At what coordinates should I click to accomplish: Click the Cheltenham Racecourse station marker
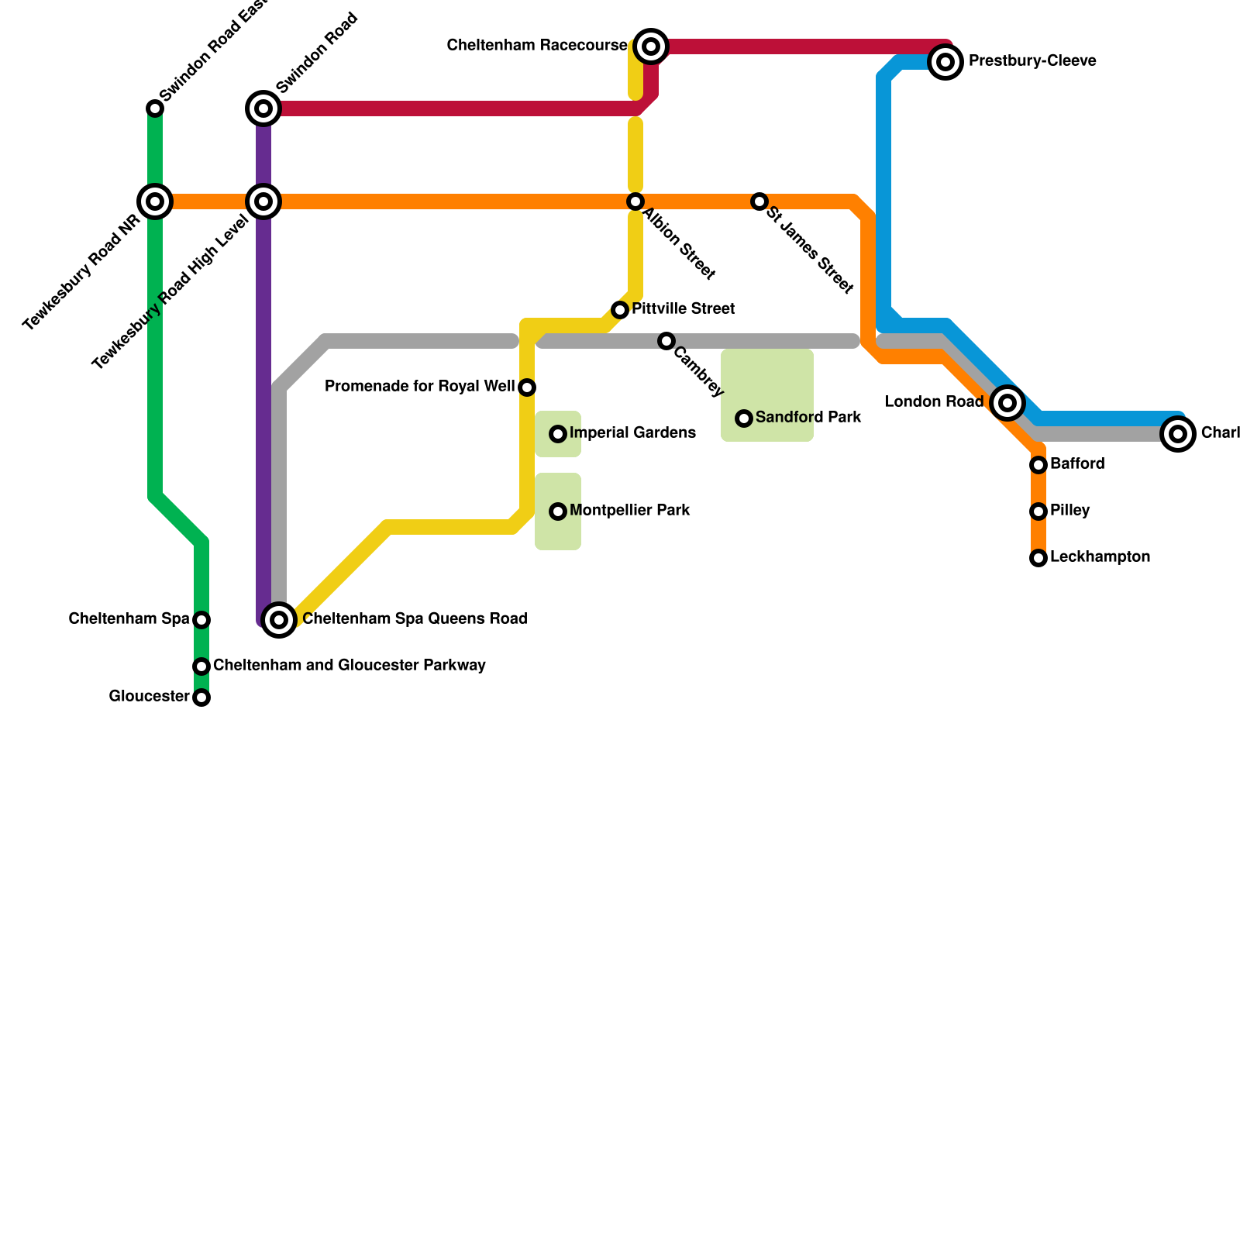click(651, 46)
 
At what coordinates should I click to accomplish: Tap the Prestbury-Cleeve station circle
click(945, 61)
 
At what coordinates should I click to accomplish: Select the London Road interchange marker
click(1007, 402)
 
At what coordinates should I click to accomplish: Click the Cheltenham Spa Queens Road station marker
click(279, 620)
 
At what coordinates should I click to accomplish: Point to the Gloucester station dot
click(201, 697)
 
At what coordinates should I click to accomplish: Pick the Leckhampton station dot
click(1038, 558)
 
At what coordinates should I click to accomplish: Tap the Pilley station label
click(1070, 511)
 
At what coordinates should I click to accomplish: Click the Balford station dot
click(1038, 465)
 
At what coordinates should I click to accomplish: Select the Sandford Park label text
click(808, 418)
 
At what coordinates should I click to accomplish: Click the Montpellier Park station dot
click(558, 511)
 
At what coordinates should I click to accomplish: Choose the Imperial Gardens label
click(632, 433)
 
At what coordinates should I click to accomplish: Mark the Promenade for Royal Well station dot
click(527, 387)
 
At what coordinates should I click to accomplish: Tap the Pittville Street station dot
click(620, 310)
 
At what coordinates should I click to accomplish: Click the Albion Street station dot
click(635, 201)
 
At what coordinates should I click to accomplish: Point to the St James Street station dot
click(759, 201)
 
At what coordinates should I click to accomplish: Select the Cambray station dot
click(666, 341)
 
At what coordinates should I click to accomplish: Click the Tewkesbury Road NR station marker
click(155, 201)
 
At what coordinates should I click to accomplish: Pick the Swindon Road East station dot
click(155, 108)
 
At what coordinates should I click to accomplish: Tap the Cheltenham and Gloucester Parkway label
click(350, 666)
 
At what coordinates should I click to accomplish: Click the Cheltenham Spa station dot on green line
click(201, 620)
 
